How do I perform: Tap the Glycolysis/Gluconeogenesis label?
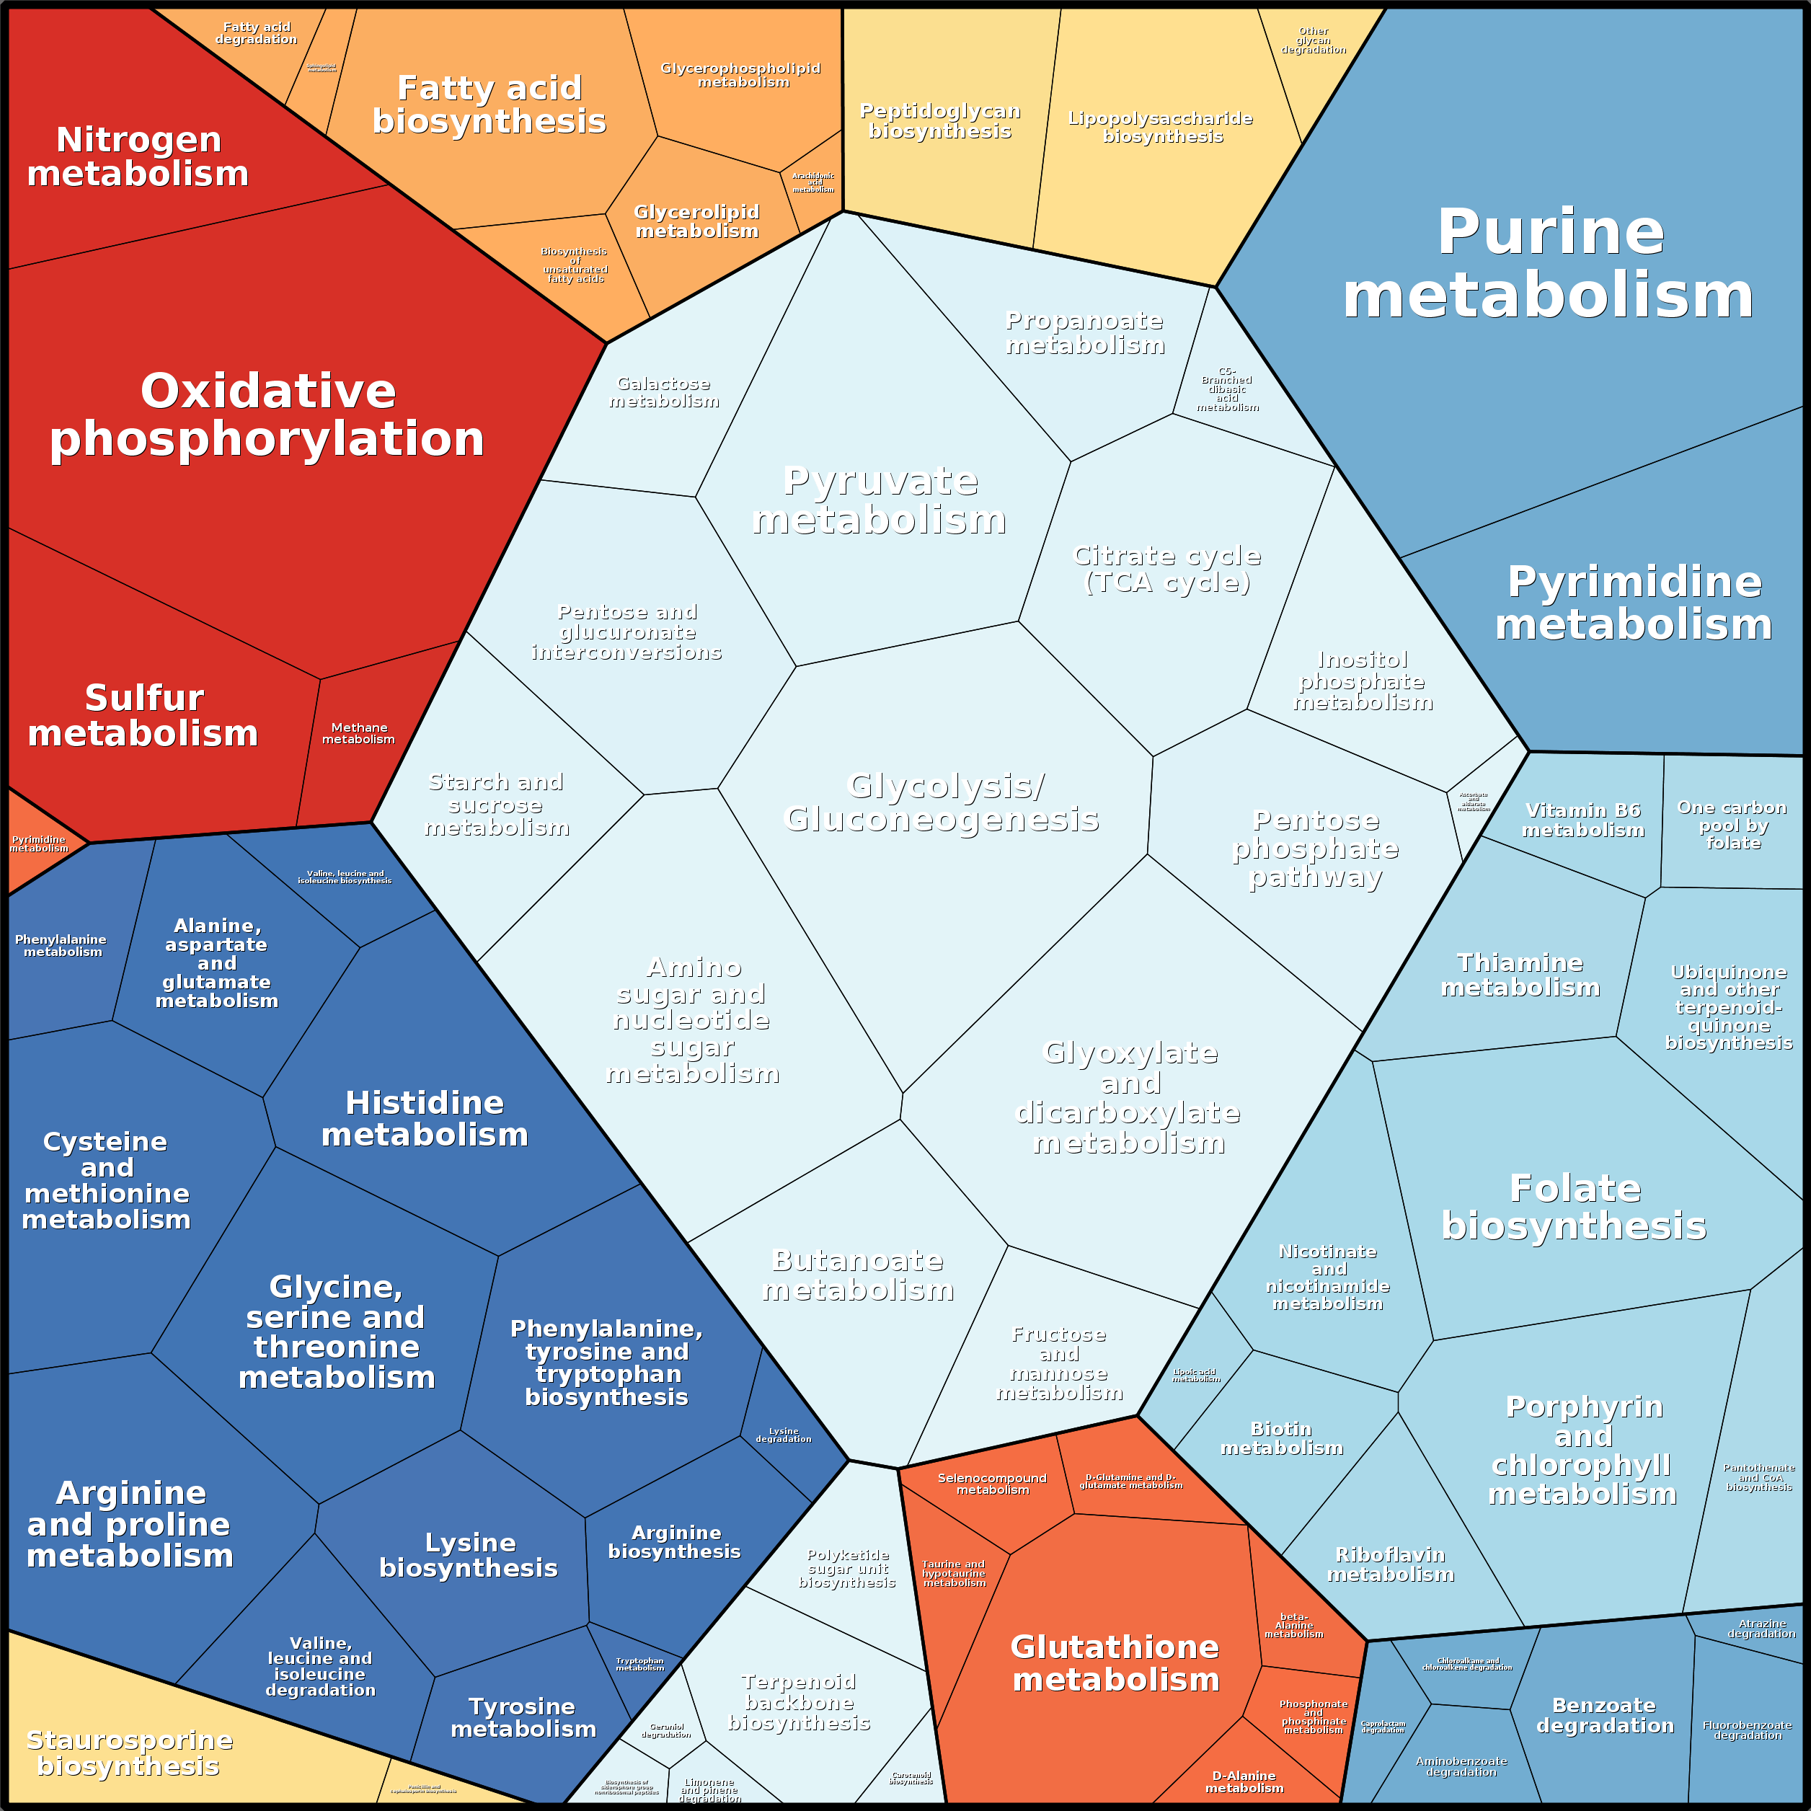(941, 802)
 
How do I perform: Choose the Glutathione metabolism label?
(1115, 1663)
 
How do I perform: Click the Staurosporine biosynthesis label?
(129, 1753)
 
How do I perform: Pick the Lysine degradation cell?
(784, 1435)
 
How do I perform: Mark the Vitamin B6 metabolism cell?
(1583, 820)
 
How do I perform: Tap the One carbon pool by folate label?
(1732, 825)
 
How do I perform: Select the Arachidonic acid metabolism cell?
(812, 183)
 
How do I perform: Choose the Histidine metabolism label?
(425, 1118)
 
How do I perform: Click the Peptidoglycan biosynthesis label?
(940, 121)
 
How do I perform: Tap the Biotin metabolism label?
(1281, 1439)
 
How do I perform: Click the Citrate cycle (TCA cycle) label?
(1167, 569)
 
